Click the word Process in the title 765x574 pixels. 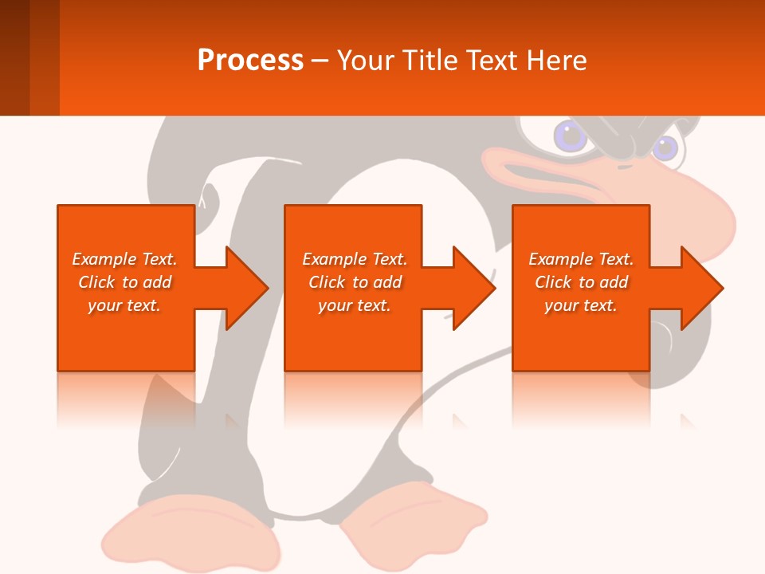tap(250, 61)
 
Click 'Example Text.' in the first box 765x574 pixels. tap(124, 259)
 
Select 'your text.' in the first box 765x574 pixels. tap(124, 305)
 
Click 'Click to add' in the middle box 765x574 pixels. tap(355, 282)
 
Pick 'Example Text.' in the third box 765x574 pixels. tap(581, 259)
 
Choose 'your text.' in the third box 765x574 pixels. tap(581, 305)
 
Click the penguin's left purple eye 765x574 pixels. tap(570, 136)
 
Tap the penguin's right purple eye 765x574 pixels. tap(665, 147)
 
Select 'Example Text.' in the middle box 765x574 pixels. tap(355, 259)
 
